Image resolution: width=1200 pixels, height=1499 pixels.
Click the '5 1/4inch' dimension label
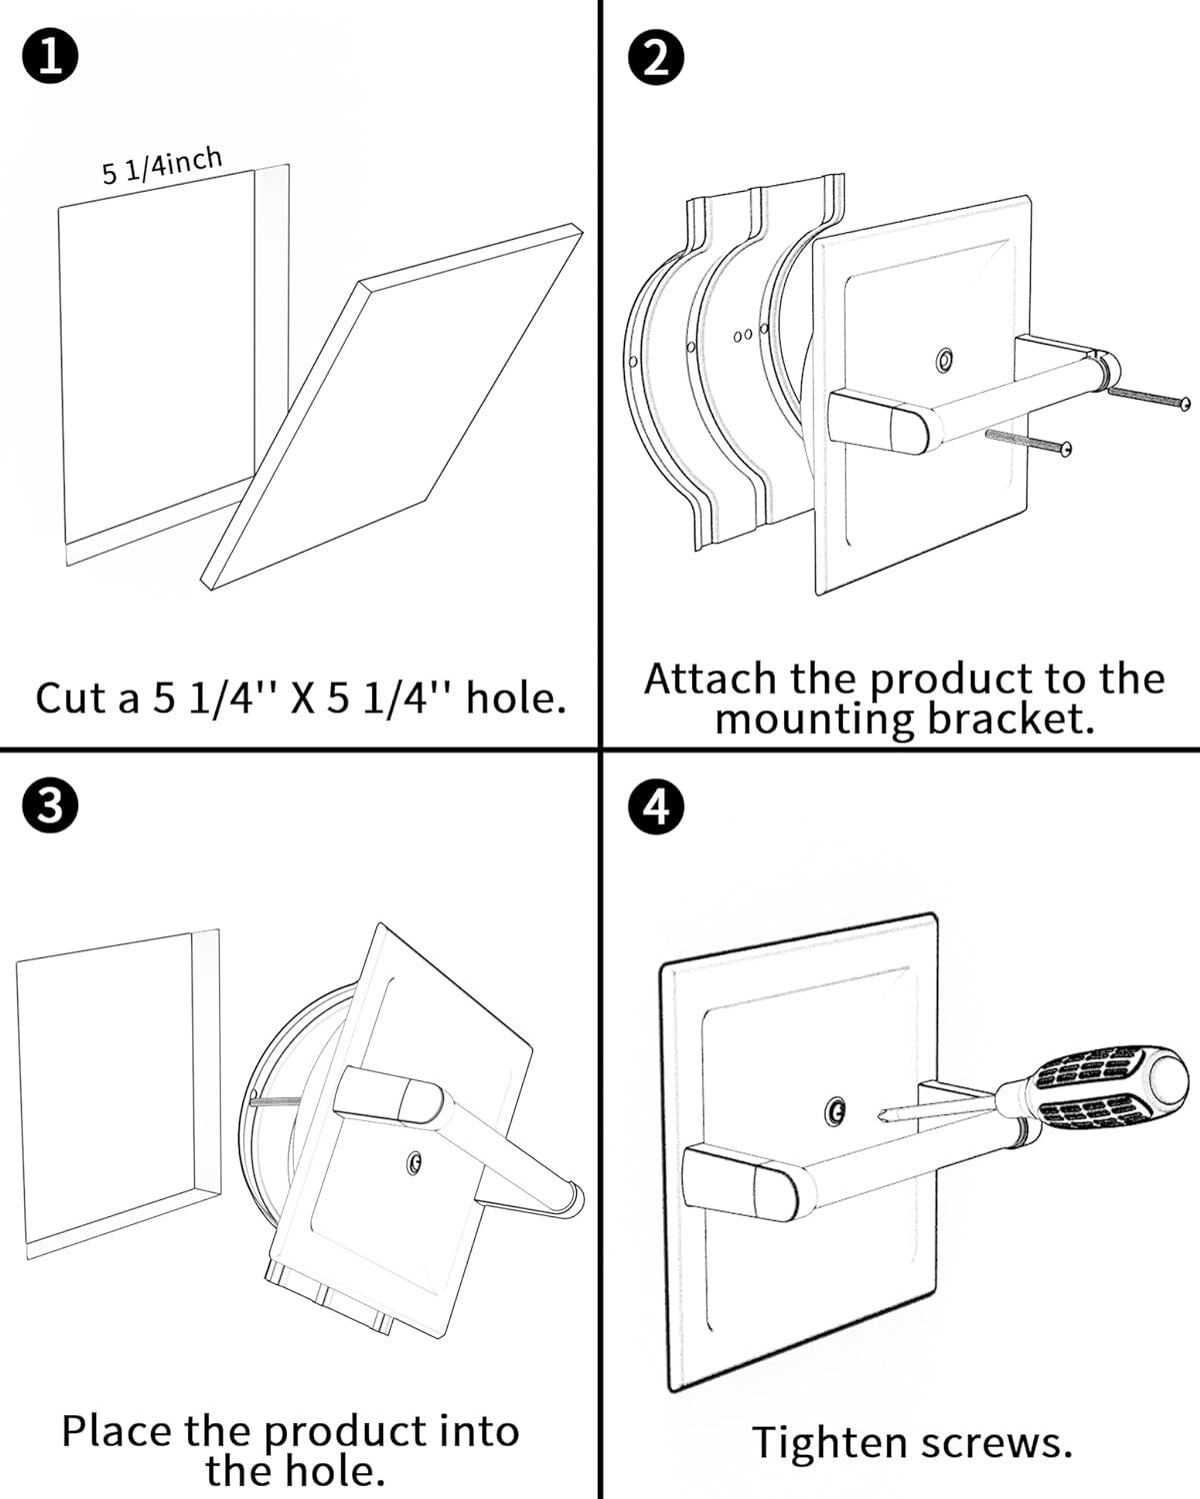click(x=161, y=166)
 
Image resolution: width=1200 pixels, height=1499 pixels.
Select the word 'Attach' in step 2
click(x=710, y=680)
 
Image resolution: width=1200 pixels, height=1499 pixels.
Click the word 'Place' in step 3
click(x=118, y=1431)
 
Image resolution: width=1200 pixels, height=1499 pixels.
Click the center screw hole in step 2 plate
click(x=943, y=360)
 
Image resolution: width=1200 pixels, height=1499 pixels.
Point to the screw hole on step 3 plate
click(x=414, y=1161)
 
